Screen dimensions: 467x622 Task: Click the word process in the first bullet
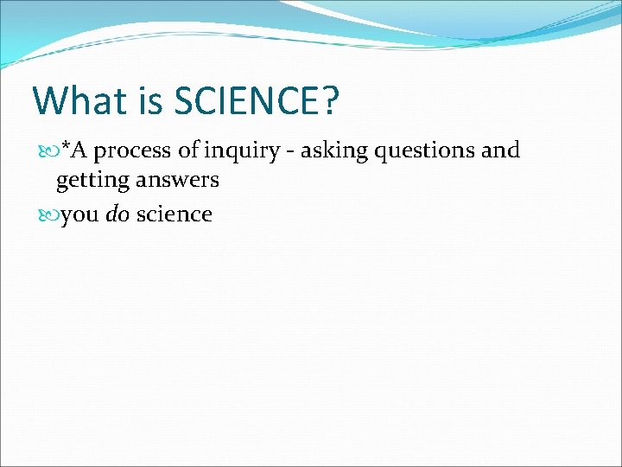[x=132, y=151]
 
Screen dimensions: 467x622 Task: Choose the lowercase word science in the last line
[x=174, y=214]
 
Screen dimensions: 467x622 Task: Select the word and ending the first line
[x=500, y=150]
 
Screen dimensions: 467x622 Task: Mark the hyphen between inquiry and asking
[x=293, y=153]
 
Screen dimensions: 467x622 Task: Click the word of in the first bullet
[x=188, y=150]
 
